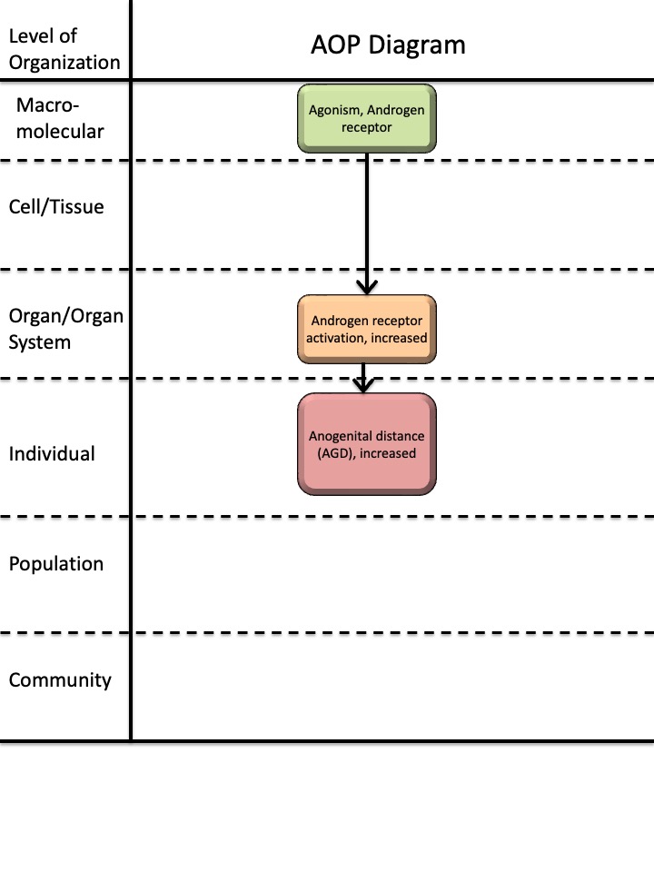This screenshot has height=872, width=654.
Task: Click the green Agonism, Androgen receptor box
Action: pos(367,118)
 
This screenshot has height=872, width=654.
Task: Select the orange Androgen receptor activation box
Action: pos(367,329)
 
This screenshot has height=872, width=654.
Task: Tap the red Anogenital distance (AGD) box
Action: pos(367,444)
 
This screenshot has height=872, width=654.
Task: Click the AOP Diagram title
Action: pos(388,45)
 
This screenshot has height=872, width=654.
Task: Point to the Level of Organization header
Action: pos(64,49)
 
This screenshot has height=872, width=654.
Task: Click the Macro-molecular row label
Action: pos(60,118)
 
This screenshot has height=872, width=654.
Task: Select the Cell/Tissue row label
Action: pos(56,207)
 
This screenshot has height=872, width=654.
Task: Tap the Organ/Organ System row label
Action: pos(65,329)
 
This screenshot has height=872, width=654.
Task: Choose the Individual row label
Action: pos(52,454)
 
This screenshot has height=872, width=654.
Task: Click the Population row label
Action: pos(56,564)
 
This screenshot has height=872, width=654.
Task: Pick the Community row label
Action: pos(60,680)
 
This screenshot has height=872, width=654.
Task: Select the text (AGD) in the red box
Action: pos(335,453)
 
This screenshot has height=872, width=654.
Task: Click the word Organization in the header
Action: pos(64,63)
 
